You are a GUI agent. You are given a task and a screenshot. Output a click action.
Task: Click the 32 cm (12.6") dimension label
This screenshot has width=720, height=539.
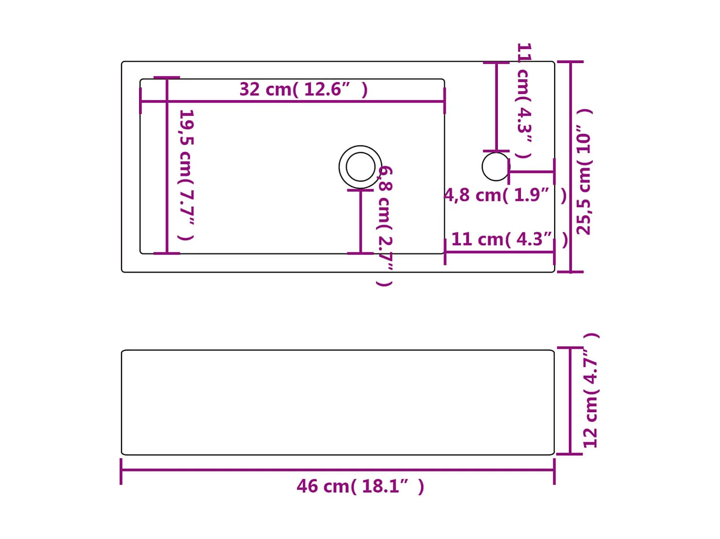coord(303,89)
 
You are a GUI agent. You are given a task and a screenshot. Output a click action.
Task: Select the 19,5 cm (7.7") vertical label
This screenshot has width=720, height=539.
coord(187,174)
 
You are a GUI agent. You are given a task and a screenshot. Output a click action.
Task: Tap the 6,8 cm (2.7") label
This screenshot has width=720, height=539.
coord(385,226)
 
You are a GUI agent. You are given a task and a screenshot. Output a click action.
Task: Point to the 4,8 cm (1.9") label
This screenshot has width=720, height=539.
coord(505,195)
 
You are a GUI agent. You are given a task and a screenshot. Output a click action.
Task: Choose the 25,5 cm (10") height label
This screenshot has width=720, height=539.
coord(583,172)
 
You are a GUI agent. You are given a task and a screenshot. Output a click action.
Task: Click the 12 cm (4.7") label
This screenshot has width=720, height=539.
coord(591,391)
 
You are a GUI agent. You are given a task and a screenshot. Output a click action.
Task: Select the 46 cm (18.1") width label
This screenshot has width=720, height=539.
coord(360,486)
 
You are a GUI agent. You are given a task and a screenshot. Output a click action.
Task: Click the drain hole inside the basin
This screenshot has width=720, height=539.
coord(360,167)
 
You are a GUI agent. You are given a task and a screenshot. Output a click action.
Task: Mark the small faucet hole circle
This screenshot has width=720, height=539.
coord(495,167)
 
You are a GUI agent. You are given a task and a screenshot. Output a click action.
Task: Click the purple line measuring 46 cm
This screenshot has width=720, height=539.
coord(337,470)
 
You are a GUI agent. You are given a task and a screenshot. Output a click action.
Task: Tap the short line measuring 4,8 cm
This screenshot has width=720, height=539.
coord(531,171)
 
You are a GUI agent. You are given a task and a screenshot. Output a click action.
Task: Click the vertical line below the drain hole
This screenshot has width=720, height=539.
coord(360,221)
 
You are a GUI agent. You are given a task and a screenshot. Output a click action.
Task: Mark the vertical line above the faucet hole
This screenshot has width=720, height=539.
coord(496,107)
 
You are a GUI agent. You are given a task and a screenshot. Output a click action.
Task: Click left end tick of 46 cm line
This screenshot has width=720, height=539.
coord(121,471)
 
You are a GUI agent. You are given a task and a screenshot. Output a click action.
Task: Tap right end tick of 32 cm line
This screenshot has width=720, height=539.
coord(444,101)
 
